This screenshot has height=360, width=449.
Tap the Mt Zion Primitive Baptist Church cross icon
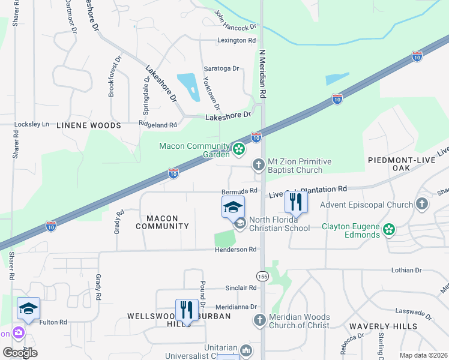[x=259, y=164]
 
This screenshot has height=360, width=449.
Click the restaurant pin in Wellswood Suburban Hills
[x=187, y=311]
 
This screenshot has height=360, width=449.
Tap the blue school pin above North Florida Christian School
[x=234, y=208]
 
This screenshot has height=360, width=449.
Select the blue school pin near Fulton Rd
[x=28, y=308]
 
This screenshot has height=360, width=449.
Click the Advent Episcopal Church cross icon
[x=422, y=205]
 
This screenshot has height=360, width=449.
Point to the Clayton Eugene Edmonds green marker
[x=389, y=229]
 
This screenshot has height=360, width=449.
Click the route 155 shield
[x=262, y=276]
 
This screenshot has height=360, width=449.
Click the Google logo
[x=20, y=352]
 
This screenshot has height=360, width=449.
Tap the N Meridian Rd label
[x=262, y=74]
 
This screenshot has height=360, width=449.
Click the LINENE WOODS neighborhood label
[x=88, y=125]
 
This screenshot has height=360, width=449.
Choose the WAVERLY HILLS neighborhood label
[x=389, y=326]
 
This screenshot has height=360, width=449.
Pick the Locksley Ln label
[x=31, y=124]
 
